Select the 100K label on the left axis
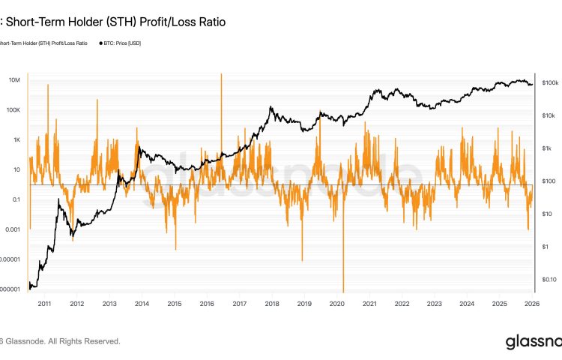coord(12,109)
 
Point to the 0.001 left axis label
coord(10,229)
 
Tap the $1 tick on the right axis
coord(546,246)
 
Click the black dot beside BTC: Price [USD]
coord(101,43)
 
